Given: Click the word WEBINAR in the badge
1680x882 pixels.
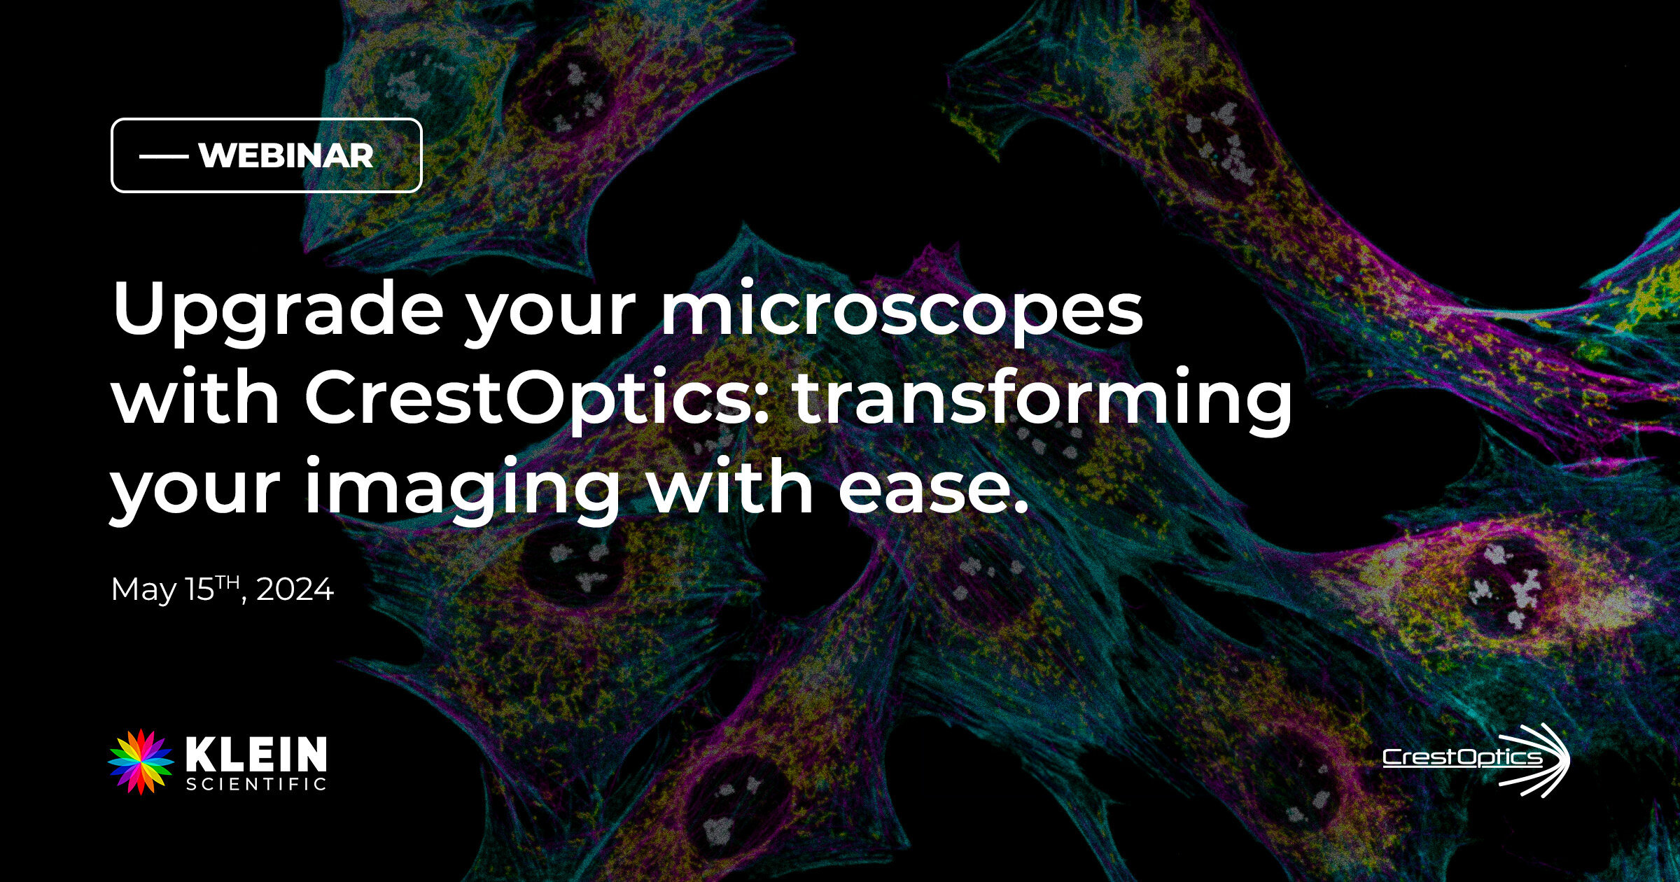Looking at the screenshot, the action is point(286,155).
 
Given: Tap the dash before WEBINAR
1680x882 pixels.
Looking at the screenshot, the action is point(164,156).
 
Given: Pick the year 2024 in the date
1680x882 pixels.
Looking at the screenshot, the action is point(295,589).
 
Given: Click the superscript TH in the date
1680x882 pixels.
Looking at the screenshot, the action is point(227,582).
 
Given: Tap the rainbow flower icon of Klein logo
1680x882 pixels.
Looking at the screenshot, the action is point(141,762).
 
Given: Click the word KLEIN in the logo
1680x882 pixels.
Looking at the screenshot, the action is point(256,754).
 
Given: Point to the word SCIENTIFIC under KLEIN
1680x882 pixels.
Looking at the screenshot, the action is point(256,784).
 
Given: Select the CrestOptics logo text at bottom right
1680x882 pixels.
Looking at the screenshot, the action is point(1462,758).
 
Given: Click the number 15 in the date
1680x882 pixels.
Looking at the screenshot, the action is point(199,590).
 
